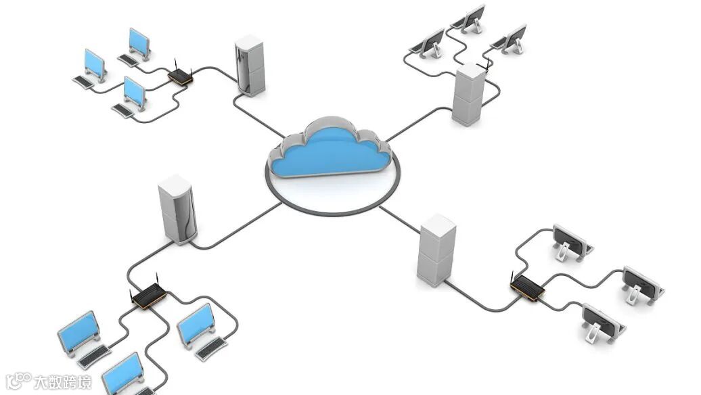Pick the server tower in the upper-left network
coord(250,66)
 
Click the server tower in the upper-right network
coord(469,95)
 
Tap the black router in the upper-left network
coord(181,76)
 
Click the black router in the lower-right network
coord(528,289)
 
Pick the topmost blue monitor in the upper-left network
coord(139,42)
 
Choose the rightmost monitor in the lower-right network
coord(642,284)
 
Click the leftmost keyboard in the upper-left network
coord(83,81)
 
